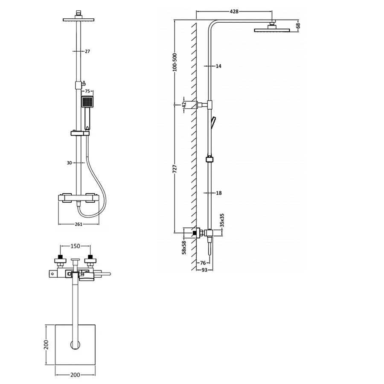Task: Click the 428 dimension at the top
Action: point(234,11)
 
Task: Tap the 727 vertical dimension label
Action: point(175,169)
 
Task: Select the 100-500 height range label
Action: point(175,62)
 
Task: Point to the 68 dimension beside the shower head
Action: point(298,26)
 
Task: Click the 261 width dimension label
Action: point(79,224)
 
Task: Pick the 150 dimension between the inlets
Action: point(75,246)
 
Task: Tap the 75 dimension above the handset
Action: point(87,91)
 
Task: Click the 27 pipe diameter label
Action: point(87,51)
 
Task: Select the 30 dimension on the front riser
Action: point(69,163)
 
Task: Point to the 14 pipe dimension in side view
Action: point(218,66)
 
